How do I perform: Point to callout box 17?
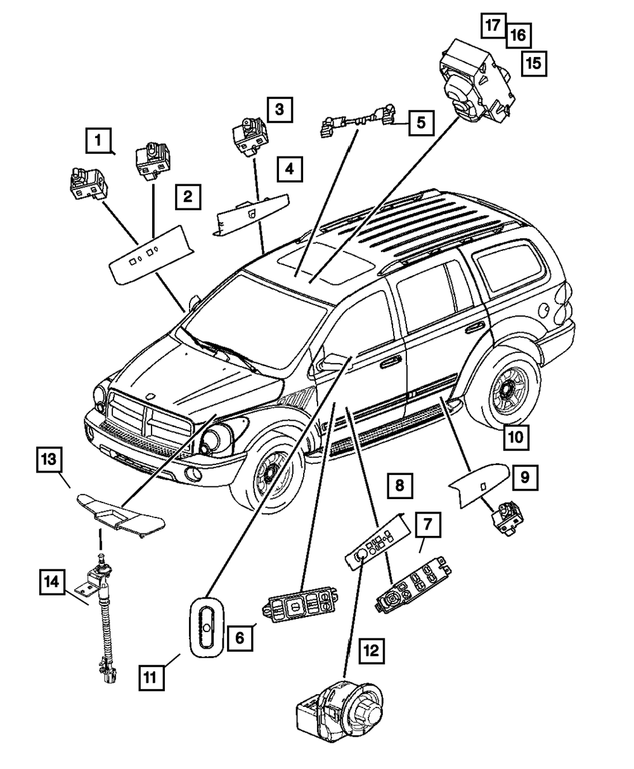point(492,25)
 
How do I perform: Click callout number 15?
point(533,63)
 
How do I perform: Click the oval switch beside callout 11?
point(206,625)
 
